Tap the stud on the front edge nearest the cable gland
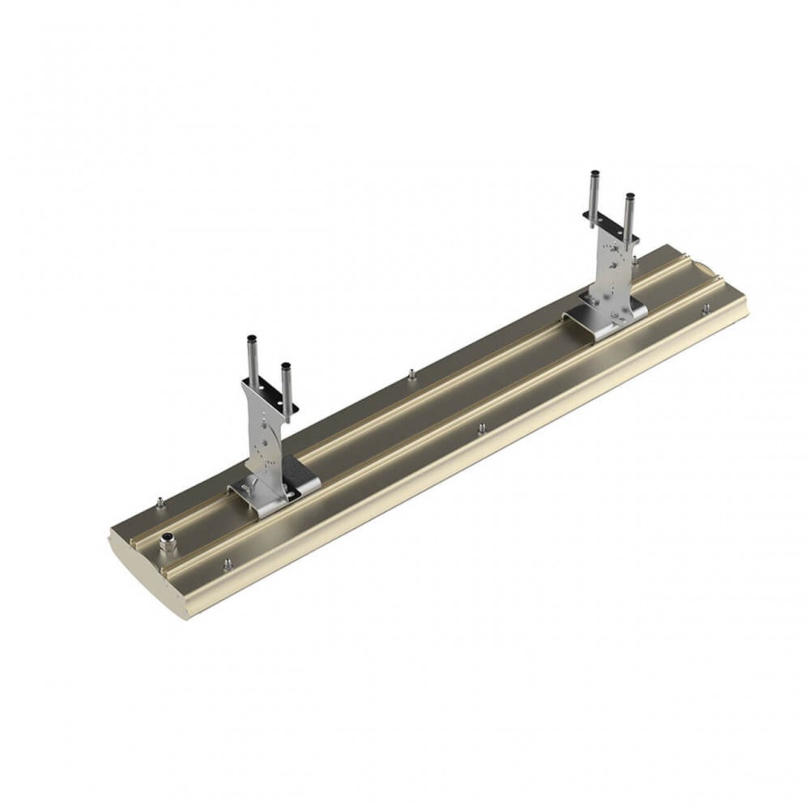227,563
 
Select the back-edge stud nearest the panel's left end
160,502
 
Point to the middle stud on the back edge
411,374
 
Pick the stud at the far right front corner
706,309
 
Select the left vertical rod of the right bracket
595,195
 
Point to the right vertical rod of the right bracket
629,215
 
